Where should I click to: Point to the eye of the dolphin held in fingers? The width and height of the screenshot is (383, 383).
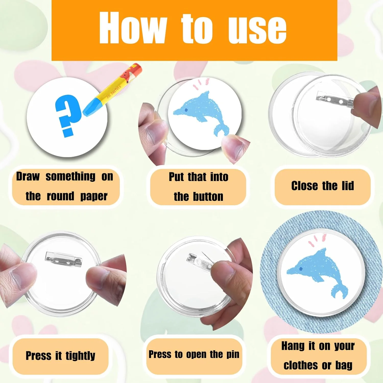(x=186, y=110)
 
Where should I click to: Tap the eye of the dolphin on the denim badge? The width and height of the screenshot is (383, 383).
(x=301, y=269)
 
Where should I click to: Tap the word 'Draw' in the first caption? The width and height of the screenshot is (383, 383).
(x=28, y=176)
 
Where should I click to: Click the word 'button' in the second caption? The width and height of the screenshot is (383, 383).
(x=208, y=197)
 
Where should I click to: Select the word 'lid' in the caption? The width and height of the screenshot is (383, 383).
(x=348, y=186)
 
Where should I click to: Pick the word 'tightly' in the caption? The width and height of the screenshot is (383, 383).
(x=80, y=356)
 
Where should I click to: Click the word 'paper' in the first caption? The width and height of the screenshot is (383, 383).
(x=94, y=197)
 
